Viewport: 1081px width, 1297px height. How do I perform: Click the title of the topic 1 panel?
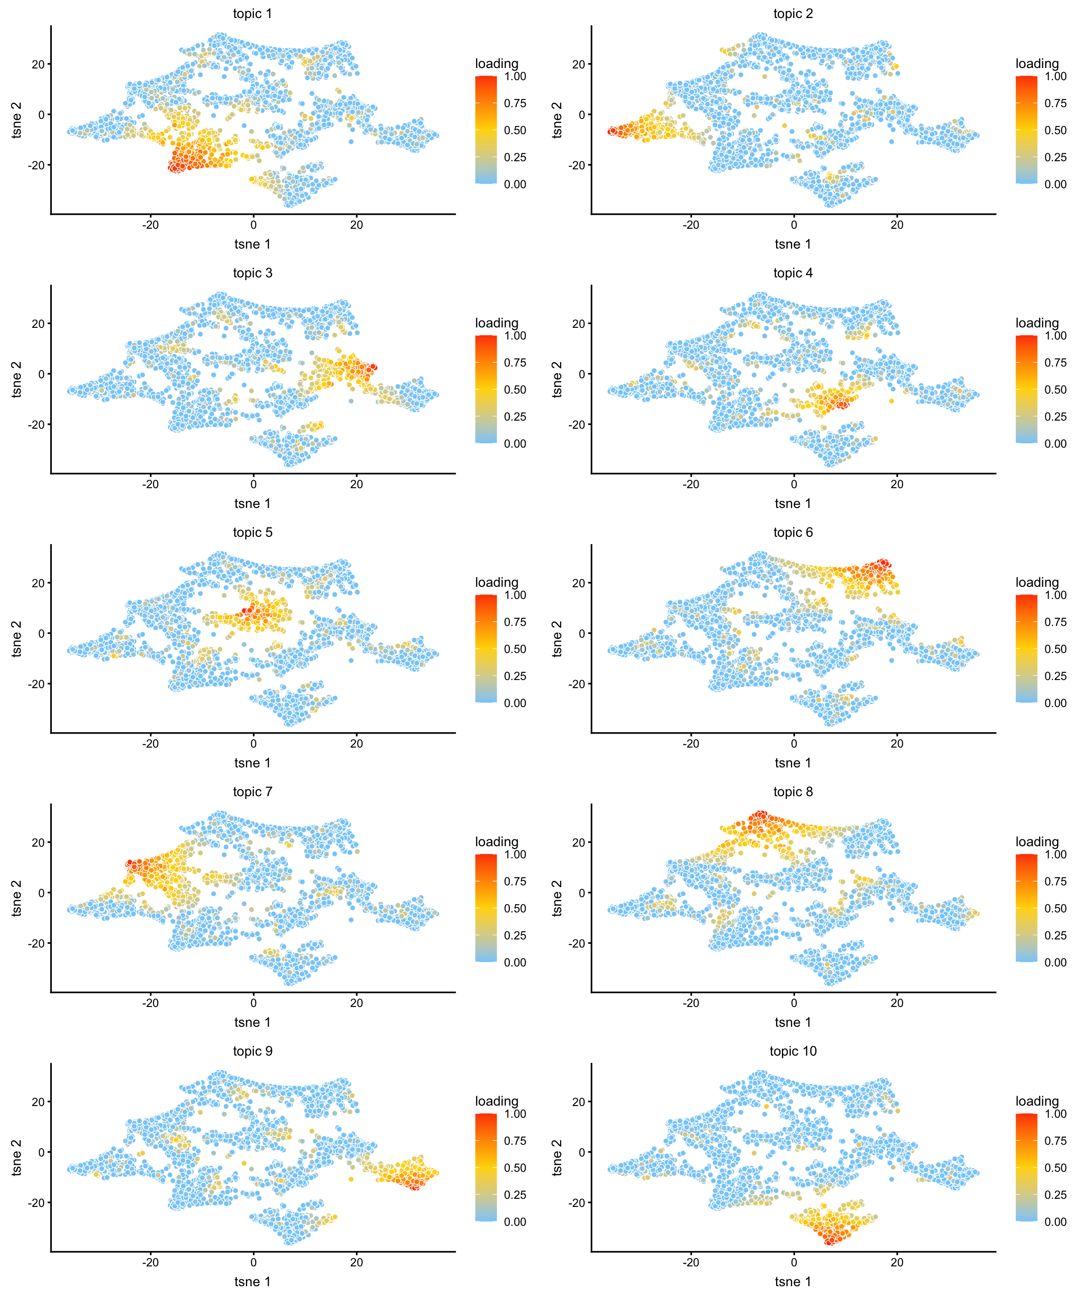(x=252, y=14)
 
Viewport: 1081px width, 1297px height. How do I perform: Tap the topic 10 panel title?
(x=793, y=1051)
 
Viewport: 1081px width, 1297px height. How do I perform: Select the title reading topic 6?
(x=793, y=532)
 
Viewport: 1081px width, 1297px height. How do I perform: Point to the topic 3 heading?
(x=252, y=273)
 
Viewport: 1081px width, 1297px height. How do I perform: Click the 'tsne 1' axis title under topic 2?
(x=793, y=244)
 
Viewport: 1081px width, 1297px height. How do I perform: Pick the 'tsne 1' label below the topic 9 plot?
(x=252, y=1282)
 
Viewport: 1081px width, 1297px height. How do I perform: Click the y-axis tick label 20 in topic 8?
(x=578, y=843)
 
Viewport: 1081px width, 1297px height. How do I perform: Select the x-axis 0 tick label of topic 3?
(x=253, y=484)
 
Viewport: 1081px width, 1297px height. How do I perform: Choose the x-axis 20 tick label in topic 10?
(x=897, y=1262)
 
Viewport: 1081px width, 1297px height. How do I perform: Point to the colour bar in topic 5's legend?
(x=486, y=648)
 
